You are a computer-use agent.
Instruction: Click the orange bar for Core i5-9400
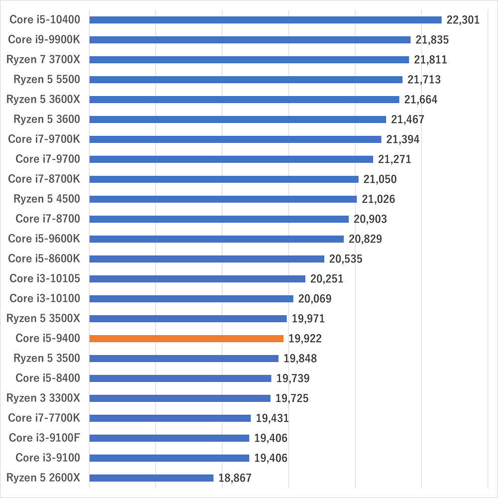tap(186, 339)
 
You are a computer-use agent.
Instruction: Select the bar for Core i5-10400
tap(265, 20)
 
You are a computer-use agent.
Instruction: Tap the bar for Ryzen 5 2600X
tap(151, 478)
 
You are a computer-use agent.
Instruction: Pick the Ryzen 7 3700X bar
tap(249, 60)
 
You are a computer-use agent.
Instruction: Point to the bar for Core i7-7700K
tap(170, 418)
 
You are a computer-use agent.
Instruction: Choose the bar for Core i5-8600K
tap(207, 259)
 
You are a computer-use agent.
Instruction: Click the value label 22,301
tap(463, 20)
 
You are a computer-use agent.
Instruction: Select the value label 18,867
tap(235, 478)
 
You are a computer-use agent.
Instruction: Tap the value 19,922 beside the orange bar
tap(305, 339)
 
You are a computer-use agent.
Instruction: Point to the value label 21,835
tap(432, 40)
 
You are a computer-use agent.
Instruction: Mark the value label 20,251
tap(327, 279)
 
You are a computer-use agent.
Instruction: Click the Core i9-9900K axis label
tap(44, 40)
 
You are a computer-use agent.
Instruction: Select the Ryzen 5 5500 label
tap(47, 80)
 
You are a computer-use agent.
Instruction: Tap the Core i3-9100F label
tap(44, 438)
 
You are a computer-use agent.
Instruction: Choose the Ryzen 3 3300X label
tap(43, 398)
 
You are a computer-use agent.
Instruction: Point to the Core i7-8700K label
tap(44, 179)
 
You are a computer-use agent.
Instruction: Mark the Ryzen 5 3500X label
tap(43, 319)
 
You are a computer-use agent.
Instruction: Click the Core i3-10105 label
tap(45, 279)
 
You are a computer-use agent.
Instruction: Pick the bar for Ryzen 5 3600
tap(238, 120)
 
